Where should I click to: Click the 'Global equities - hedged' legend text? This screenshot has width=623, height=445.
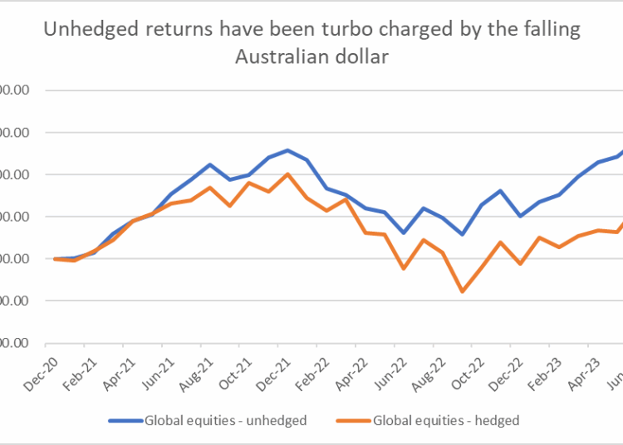click(446, 420)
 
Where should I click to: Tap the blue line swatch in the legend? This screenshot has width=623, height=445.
click(124, 420)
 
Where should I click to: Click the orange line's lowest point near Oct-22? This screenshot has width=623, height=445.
click(462, 291)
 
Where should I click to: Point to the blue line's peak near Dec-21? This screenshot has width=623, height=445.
click(287, 150)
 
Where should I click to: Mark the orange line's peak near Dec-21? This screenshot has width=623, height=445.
click(287, 174)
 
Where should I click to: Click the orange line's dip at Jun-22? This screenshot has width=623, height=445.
click(404, 268)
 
